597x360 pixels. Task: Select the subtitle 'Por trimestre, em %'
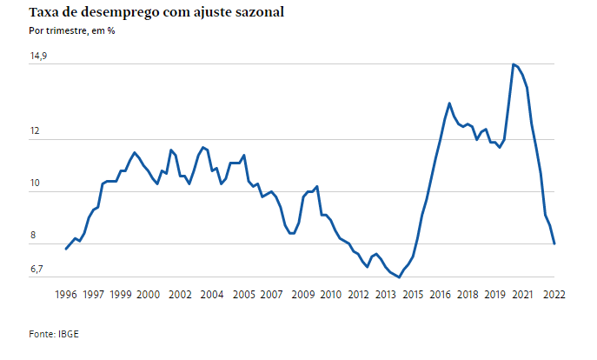pos(72,32)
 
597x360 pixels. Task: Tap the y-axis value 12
pos(36,131)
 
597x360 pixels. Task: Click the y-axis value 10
pos(36,183)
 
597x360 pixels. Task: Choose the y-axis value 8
pos(33,236)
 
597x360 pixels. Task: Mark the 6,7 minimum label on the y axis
pos(36,270)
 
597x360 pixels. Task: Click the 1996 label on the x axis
pos(65,295)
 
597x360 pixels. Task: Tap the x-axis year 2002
pos(180,295)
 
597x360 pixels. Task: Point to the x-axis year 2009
pos(302,295)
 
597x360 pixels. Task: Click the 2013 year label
pos(385,295)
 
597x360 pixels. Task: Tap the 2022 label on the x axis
pos(554,295)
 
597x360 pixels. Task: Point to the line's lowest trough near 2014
pos(399,277)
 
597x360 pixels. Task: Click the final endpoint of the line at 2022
pos(554,243)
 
